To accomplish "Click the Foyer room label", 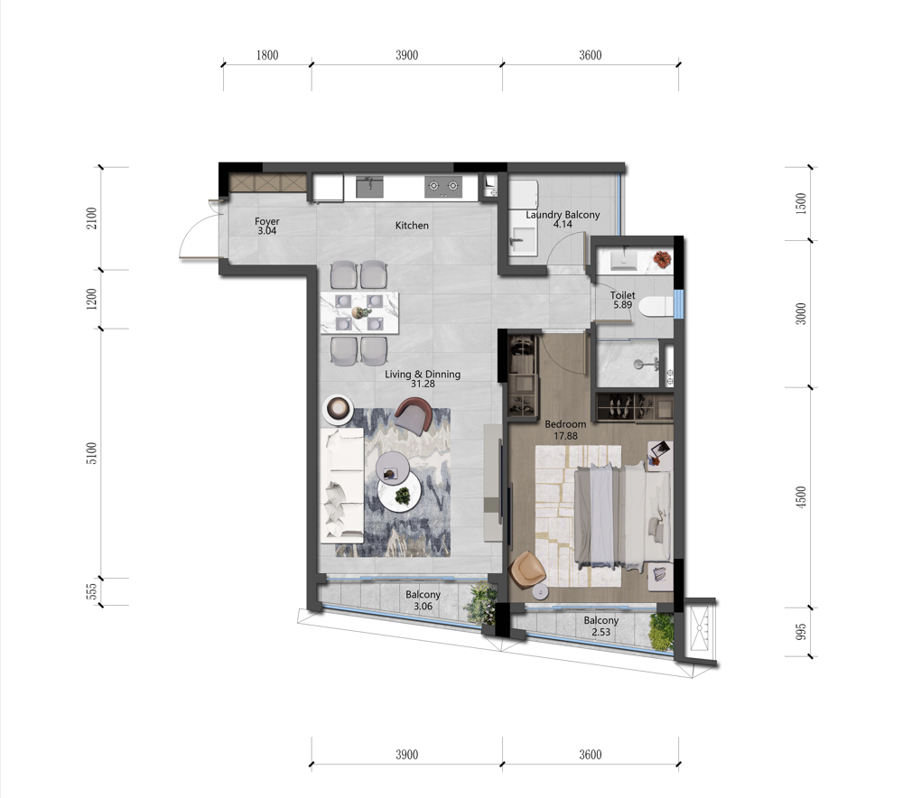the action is click(266, 221).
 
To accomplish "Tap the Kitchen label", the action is click(412, 226).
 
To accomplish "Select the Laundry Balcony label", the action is click(563, 214).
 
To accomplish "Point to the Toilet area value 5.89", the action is click(623, 305).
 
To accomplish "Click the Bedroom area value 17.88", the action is click(565, 436).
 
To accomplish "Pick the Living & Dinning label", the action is click(423, 374).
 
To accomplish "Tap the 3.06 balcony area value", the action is click(423, 607).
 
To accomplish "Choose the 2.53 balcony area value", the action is click(600, 633).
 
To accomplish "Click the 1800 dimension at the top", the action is click(266, 55).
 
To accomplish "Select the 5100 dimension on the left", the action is click(91, 453).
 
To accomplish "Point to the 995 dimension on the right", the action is click(801, 632).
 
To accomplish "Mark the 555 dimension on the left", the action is click(91, 591).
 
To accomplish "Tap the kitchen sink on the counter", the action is click(369, 187).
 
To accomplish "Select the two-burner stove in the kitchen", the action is click(443, 187).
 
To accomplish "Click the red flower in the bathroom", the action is click(663, 259).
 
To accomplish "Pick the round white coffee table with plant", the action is click(399, 492).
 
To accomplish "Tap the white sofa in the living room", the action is click(342, 486).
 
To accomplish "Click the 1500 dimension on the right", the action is click(801, 203).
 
